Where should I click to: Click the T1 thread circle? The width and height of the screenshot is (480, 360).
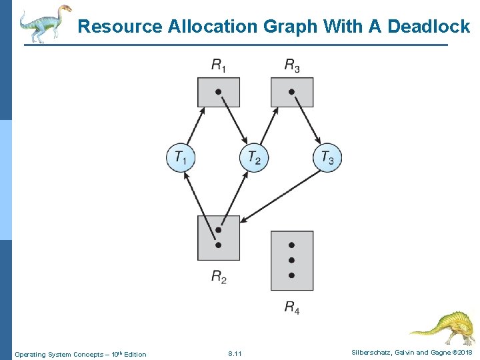(x=181, y=158)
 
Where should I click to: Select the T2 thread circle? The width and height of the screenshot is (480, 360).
(x=254, y=158)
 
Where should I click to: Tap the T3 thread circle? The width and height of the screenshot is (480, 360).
(x=327, y=158)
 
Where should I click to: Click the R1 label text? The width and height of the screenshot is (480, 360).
(x=219, y=65)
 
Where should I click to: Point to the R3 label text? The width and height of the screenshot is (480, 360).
(x=292, y=65)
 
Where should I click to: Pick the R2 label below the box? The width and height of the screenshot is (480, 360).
(x=219, y=276)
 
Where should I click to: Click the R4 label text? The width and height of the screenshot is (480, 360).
(x=292, y=307)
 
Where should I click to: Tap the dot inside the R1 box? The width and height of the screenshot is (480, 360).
(x=218, y=91)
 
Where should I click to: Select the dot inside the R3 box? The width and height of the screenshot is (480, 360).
(x=291, y=91)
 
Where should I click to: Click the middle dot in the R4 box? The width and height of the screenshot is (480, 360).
(x=291, y=260)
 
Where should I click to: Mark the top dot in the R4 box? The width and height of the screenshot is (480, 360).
(x=291, y=245)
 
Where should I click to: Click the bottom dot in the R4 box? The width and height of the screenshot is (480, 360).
(x=291, y=275)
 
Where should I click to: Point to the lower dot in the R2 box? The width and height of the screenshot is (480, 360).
(x=218, y=245)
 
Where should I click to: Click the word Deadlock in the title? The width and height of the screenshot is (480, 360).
(x=429, y=27)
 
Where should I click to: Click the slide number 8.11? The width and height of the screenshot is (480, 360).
(x=235, y=353)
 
